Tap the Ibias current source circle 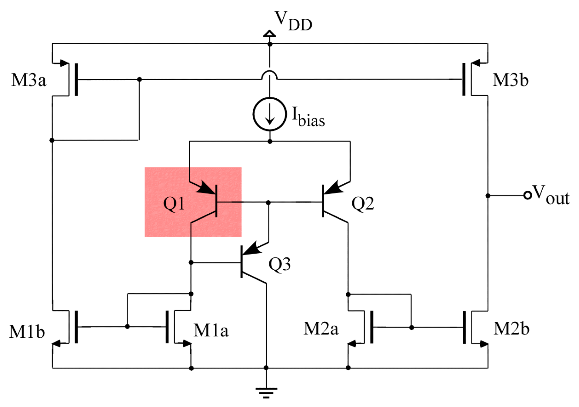[269, 114]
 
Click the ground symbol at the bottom [266, 392]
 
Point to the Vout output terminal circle [527, 195]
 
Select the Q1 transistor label [174, 203]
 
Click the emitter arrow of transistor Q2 [333, 188]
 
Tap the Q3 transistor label [279, 264]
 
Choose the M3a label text [29, 80]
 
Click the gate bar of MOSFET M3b [464, 79]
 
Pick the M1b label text [27, 331]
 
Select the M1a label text [211, 330]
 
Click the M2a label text [321, 329]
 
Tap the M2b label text [511, 329]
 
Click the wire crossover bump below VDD [269, 74]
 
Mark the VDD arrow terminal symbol [269, 33]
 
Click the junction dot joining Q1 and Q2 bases [268, 202]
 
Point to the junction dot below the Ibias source [270, 141]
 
